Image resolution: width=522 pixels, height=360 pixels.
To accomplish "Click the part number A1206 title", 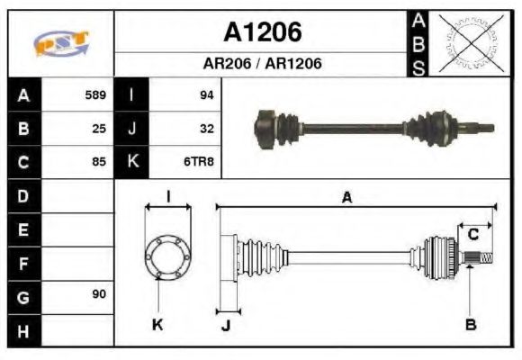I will [262, 32].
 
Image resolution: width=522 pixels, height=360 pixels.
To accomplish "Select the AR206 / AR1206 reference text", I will [262, 64].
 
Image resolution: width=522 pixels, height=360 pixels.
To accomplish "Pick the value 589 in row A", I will [95, 94].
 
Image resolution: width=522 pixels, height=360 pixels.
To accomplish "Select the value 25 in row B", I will [99, 129].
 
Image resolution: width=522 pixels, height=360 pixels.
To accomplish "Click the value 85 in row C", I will [99, 163].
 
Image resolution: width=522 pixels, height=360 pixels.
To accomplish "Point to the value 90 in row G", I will [99, 295].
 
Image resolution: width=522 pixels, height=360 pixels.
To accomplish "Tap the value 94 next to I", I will [206, 94].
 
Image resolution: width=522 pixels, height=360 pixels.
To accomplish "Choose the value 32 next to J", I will [206, 129].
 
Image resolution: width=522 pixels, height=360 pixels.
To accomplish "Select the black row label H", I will [22, 331].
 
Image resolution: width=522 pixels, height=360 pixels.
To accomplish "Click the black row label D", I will [22, 195].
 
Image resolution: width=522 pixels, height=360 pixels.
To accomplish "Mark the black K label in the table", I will [132, 163].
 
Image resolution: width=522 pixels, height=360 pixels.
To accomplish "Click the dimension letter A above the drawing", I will [346, 198].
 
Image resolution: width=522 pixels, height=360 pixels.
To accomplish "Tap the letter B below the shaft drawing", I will [470, 325].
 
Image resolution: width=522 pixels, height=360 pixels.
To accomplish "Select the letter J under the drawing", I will [225, 325].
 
